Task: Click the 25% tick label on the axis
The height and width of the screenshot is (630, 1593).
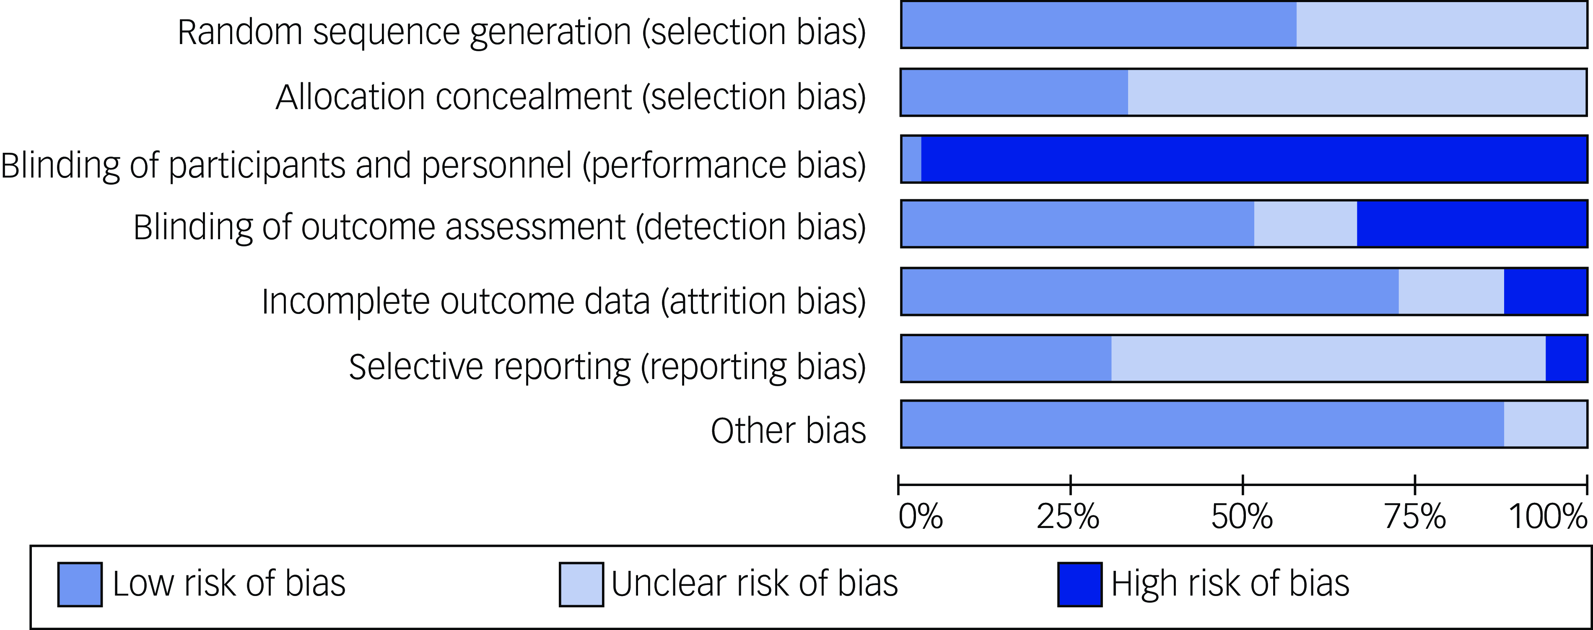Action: [x=1068, y=516]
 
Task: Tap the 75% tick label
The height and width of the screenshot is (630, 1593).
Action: [x=1415, y=516]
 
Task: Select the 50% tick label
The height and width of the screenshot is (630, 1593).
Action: [x=1242, y=516]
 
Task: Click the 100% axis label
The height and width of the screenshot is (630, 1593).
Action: [x=1548, y=516]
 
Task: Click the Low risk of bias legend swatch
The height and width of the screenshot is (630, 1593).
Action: [x=80, y=584]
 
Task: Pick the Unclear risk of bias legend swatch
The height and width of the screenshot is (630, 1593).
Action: [x=581, y=584]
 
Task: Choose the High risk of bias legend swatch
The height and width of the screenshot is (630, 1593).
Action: [x=1080, y=584]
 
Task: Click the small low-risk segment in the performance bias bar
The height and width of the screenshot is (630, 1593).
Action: [x=911, y=159]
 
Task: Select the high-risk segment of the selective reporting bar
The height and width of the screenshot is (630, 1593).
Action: [x=1565, y=358]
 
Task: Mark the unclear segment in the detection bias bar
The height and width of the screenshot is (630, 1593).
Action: [x=1305, y=223]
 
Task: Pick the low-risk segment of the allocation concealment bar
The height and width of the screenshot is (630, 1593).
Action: [x=1014, y=92]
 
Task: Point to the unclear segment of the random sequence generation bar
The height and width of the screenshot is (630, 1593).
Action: [x=1441, y=25]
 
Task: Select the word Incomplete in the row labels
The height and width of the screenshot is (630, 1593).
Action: [x=345, y=302]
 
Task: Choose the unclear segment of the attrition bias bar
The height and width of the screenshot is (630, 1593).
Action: [x=1451, y=291]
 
